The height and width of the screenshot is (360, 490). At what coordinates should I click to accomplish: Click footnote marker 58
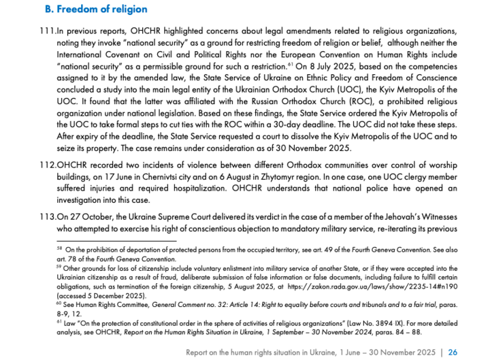pos(59,249)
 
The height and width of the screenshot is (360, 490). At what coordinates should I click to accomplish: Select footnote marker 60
pos(59,303)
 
